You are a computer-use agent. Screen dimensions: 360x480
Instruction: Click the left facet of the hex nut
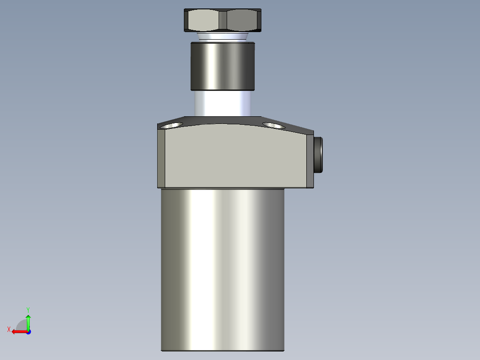tap(203, 20)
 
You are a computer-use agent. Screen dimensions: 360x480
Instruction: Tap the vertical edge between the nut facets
tap(223, 20)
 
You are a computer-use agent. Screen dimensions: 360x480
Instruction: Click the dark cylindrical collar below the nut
tap(223, 65)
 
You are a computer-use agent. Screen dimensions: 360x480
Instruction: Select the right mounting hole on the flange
tap(273, 126)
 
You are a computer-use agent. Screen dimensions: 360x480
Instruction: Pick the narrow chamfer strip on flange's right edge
tap(310, 160)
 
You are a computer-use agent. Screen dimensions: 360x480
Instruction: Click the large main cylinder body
tap(222, 267)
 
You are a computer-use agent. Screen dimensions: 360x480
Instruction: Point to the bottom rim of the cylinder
tap(222, 351)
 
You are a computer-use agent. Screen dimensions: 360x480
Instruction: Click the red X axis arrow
tap(18, 331)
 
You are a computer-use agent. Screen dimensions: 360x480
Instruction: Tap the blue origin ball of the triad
tap(28, 331)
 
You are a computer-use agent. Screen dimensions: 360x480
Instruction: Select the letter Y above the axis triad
tap(28, 309)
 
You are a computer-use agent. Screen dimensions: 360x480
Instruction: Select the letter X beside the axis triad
tap(9, 329)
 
